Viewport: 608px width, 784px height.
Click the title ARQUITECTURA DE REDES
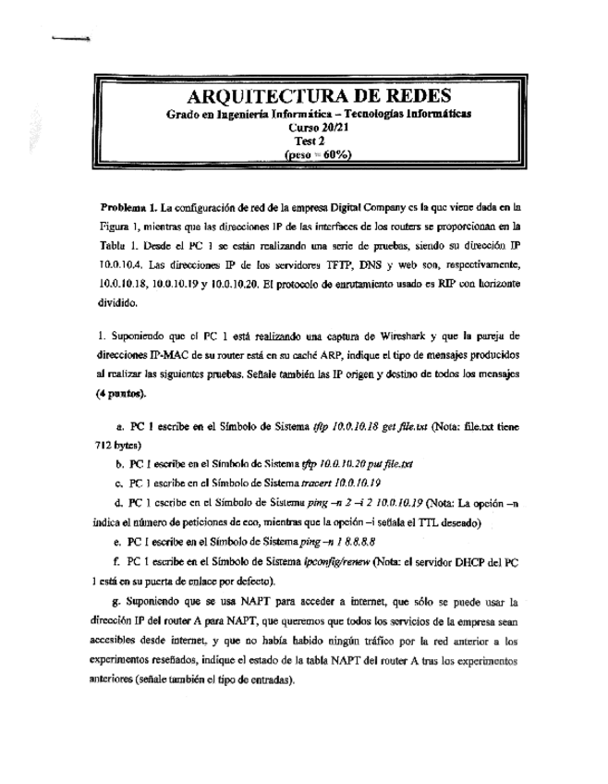319,96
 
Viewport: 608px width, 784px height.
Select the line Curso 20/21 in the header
317,128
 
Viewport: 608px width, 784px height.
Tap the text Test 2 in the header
317,141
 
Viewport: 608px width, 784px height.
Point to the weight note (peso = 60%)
317,154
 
